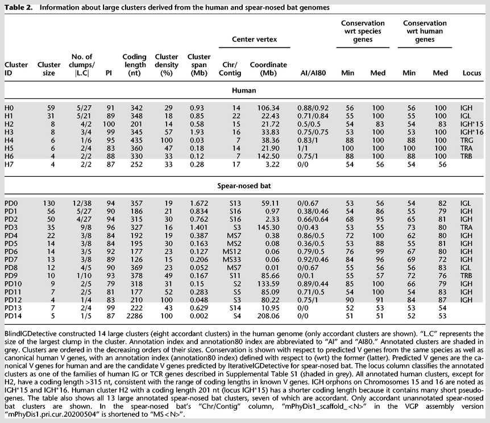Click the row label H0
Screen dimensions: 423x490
pos(10,106)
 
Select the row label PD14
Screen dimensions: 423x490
pos(13,316)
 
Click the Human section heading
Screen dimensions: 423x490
pos(245,90)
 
